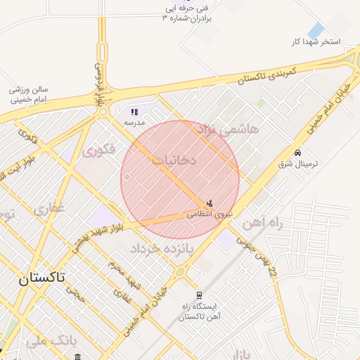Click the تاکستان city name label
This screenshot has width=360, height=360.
(x=41, y=278)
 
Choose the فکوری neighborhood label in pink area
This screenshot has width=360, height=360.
(x=98, y=149)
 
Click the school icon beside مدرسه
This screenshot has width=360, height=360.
(x=134, y=112)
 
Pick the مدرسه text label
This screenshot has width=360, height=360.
(x=134, y=122)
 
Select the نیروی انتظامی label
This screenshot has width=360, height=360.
(x=209, y=214)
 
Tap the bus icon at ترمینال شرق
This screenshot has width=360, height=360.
(x=298, y=153)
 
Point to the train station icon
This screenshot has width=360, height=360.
(x=199, y=295)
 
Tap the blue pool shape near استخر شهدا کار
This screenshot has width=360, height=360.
(x=316, y=31)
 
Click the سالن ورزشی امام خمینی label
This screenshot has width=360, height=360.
(x=29, y=94)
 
